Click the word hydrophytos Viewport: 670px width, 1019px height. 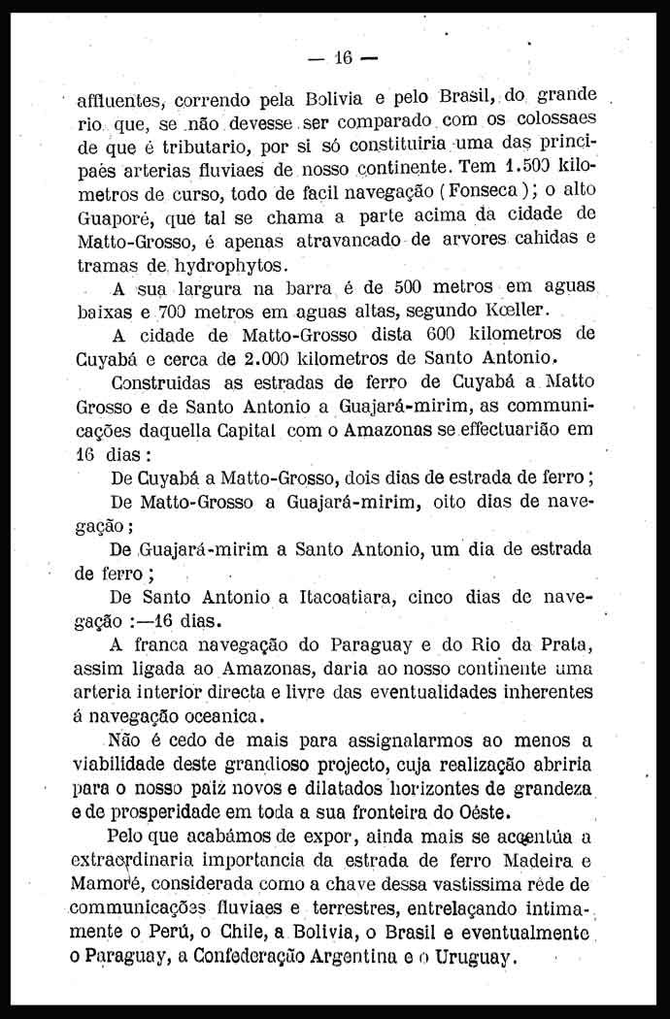click(x=227, y=265)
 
